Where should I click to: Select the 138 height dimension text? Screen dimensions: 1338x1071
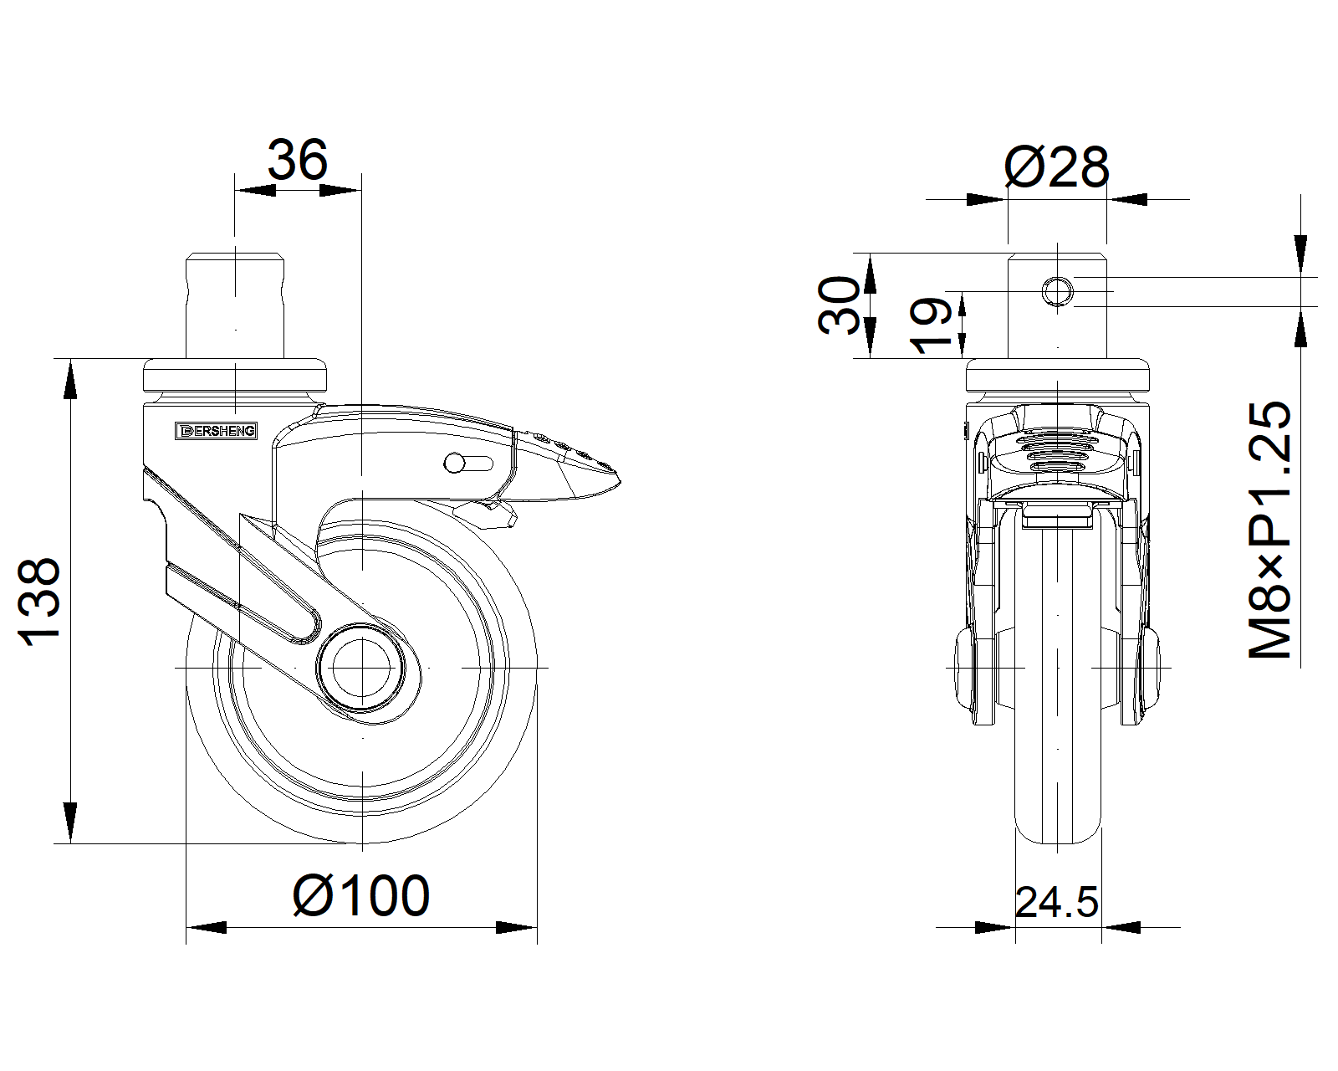coord(39,602)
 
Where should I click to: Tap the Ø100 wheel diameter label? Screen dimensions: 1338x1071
coord(360,895)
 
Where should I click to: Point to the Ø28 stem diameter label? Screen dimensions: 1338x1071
coord(1056,167)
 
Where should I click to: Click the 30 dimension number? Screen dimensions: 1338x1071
coord(839,305)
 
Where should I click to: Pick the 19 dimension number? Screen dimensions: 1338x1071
coord(931,325)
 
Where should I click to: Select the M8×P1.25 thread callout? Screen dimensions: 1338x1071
coord(1269,530)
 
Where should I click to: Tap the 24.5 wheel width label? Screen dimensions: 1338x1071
coord(1056,902)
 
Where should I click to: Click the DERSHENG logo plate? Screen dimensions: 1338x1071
coord(216,431)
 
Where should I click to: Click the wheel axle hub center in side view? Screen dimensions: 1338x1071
coord(361,668)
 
